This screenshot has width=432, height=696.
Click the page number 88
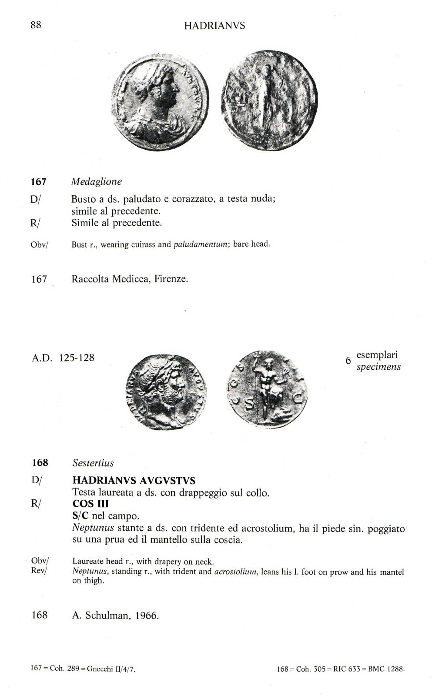click(36, 25)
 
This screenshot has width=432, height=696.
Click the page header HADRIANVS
click(214, 26)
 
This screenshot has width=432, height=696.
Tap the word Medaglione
click(97, 182)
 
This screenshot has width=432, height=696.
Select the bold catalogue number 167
click(38, 182)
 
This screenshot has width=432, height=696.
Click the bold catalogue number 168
click(40, 463)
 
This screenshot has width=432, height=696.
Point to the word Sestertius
click(93, 463)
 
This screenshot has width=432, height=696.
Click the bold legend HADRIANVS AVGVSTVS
click(134, 481)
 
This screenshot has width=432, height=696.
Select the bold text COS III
click(90, 504)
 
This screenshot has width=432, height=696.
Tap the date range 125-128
click(77, 358)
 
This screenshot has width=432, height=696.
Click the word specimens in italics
click(378, 367)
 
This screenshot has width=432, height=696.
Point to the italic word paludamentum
click(201, 244)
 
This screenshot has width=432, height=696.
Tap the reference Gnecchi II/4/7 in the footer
click(111, 669)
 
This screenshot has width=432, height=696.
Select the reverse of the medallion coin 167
click(269, 100)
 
